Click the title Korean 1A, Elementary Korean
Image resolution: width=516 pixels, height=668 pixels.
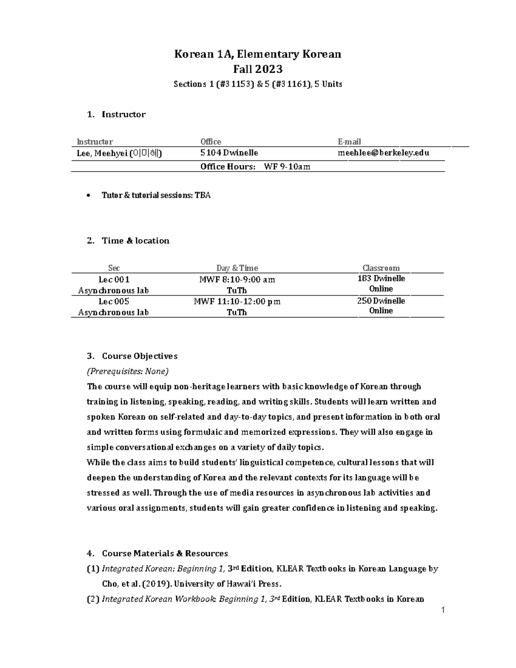(257, 54)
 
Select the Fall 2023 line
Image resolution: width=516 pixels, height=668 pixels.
(258, 69)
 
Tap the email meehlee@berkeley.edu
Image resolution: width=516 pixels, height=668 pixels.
(384, 153)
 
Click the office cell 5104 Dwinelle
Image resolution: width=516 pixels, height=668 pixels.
(229, 153)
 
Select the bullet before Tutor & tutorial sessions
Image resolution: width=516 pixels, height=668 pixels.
(89, 196)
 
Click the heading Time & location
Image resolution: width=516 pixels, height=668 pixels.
(135, 241)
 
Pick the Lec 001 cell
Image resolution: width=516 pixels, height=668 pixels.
(114, 280)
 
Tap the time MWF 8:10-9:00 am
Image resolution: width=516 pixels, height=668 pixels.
(237, 280)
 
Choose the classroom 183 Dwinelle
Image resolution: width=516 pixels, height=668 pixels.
(381, 279)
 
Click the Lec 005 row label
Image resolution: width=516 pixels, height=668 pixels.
(114, 302)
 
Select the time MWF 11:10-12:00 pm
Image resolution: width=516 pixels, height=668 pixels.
(237, 302)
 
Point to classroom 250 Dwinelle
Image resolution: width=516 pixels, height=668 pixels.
(381, 301)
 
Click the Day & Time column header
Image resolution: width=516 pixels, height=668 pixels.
(237, 268)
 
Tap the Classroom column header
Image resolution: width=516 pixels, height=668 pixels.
(381, 268)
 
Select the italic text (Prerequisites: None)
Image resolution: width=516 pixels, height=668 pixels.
(128, 371)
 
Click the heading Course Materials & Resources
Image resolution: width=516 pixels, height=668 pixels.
(165, 554)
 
